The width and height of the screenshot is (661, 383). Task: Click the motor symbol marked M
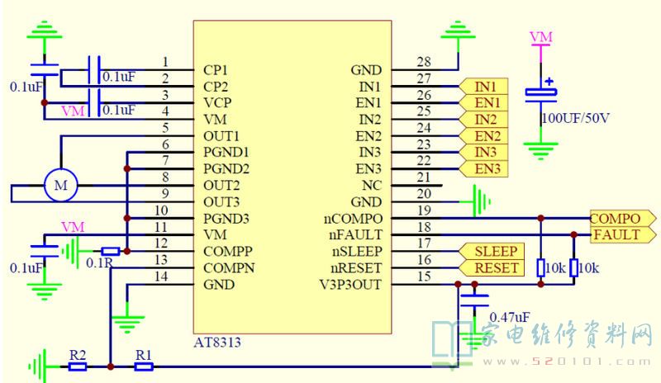click(60, 186)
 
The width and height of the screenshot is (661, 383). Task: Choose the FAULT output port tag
click(616, 235)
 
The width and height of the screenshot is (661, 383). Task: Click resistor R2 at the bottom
click(78, 366)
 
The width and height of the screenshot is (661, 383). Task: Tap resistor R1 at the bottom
click(145, 366)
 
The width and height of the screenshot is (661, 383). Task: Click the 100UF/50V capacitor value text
click(576, 118)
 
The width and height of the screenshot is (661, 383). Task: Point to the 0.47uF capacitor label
click(509, 317)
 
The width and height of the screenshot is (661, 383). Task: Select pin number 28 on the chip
click(424, 63)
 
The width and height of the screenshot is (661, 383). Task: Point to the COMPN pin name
click(228, 268)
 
